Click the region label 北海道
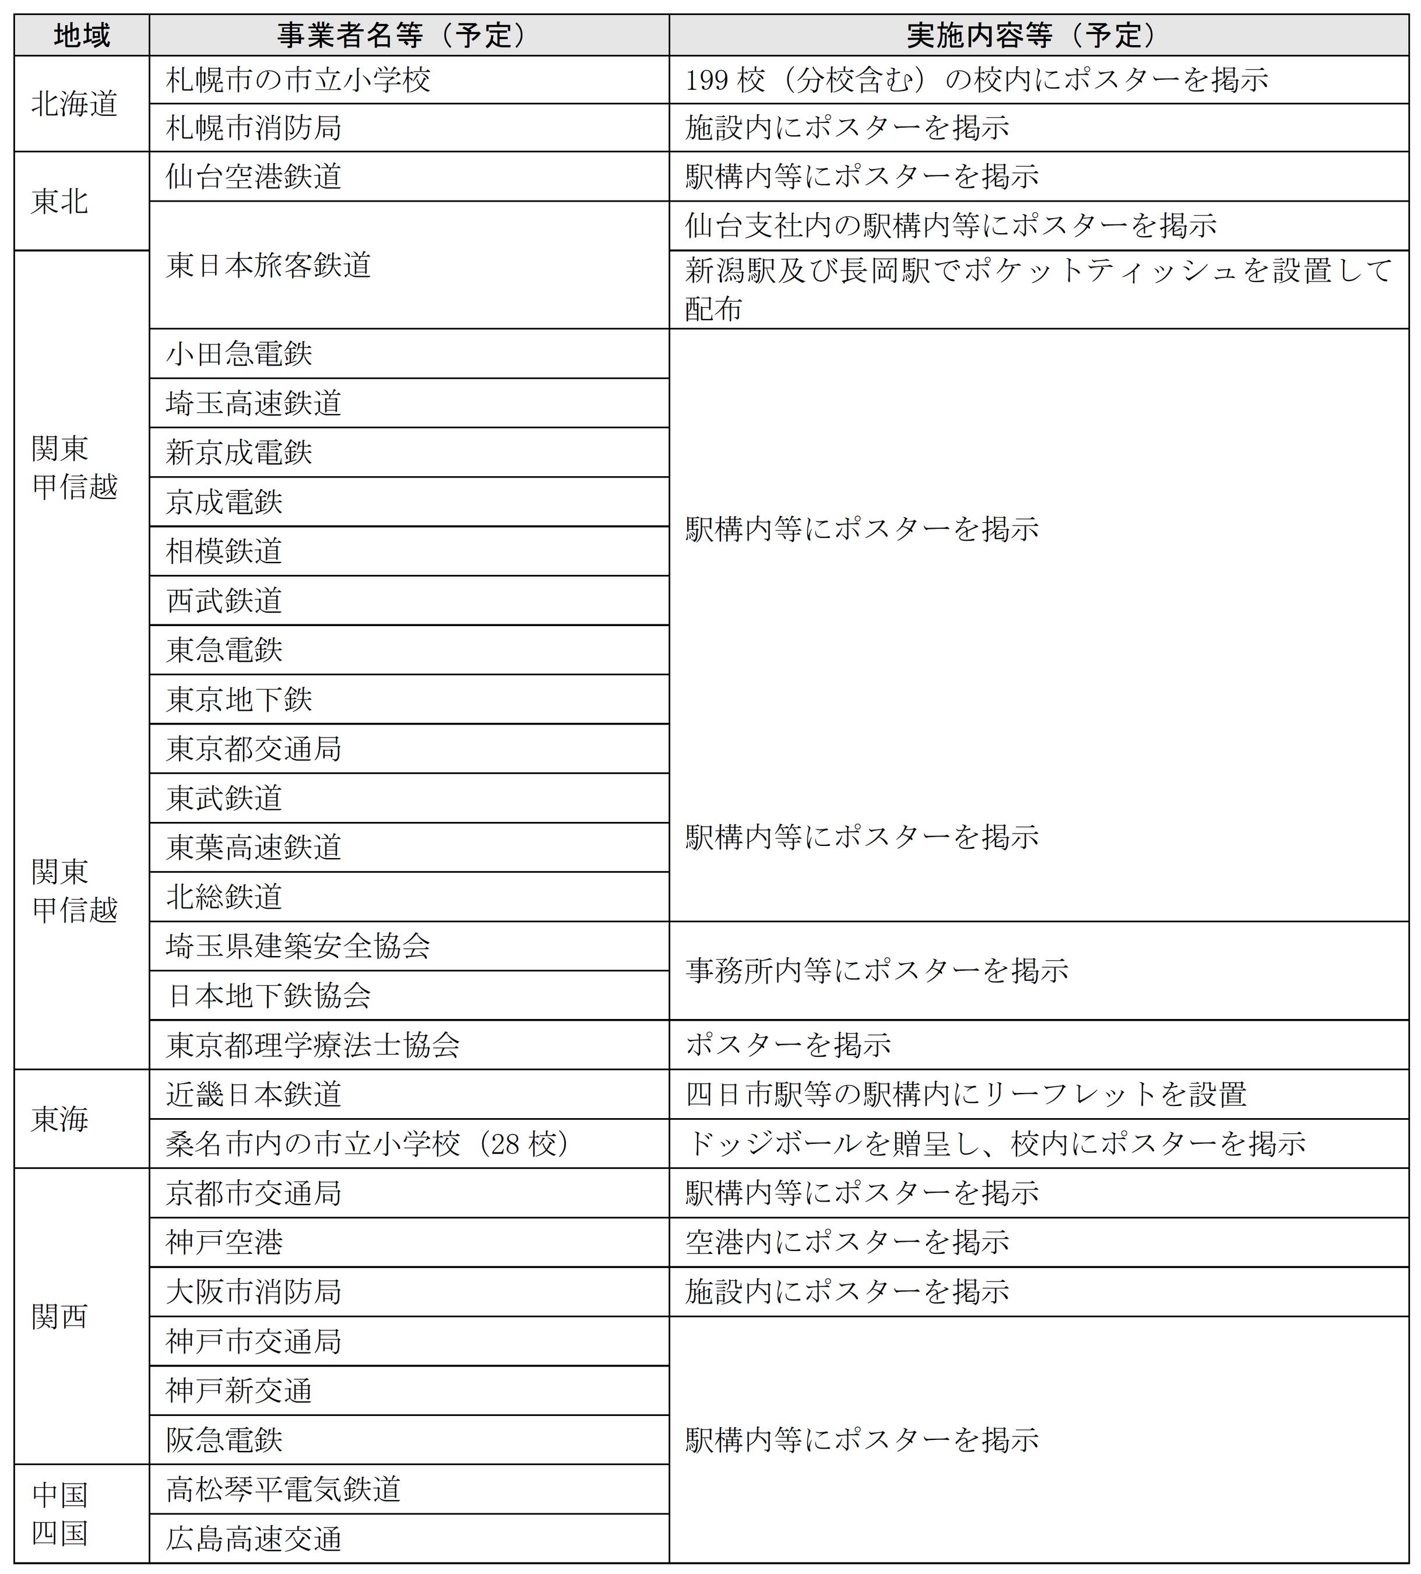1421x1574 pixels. coord(75,104)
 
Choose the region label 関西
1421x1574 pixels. coord(60,1317)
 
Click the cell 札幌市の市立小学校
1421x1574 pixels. coord(298,80)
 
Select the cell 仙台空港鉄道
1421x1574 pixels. coord(254,177)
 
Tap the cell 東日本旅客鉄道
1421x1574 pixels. coord(269,265)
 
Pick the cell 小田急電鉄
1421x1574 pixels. coord(239,354)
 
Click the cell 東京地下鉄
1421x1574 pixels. coord(239,700)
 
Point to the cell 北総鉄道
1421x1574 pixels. coord(224,897)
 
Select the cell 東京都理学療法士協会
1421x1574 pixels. coord(312,1045)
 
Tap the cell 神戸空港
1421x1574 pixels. coord(224,1243)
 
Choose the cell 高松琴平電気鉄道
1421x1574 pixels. coord(283,1489)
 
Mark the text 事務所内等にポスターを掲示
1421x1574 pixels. coord(877,971)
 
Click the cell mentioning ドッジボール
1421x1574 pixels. coord(996,1144)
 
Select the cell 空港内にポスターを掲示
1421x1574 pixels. coord(847,1243)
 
